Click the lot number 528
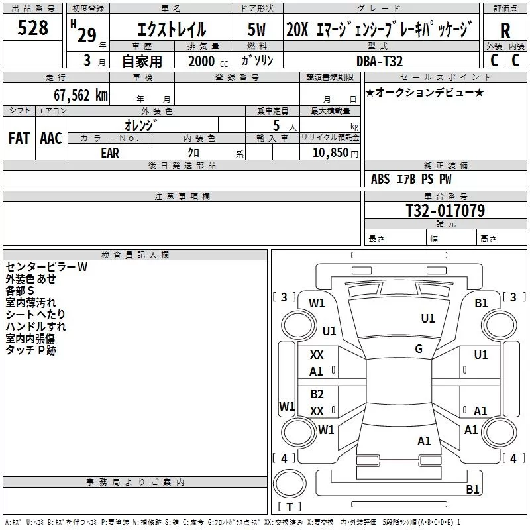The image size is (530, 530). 33,28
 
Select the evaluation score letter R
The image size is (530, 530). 505,30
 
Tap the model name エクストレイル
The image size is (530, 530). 171,30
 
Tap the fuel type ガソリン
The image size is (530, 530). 258,60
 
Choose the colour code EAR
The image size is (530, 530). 110,152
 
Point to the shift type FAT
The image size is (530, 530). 19,138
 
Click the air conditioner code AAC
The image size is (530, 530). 51,138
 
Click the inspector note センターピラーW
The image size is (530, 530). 46,267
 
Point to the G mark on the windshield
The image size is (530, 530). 419,348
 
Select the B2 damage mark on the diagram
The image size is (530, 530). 317,394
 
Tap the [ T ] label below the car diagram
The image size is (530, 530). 289,507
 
